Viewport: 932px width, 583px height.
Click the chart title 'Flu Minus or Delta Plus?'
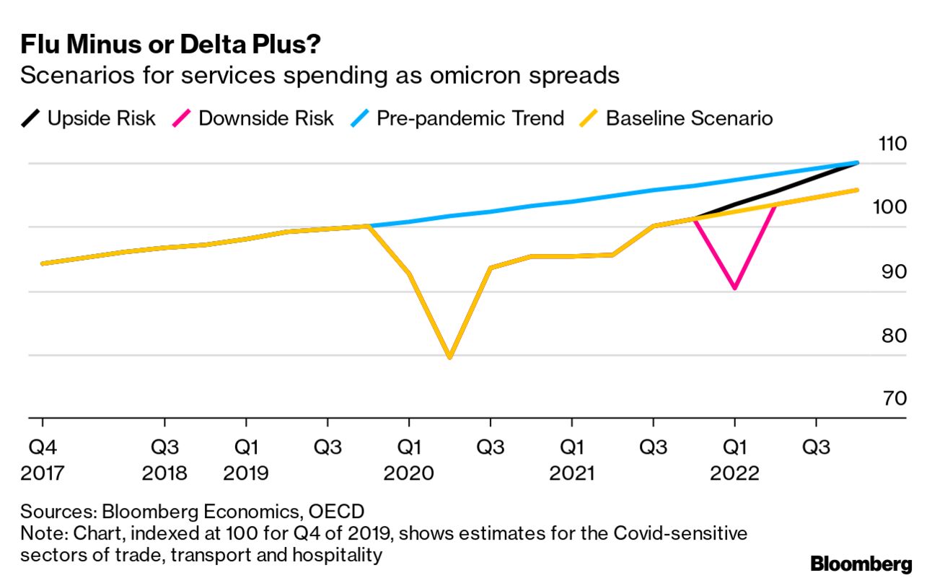click(x=170, y=45)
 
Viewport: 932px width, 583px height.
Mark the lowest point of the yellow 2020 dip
click(x=450, y=357)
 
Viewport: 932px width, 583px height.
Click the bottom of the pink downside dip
click(x=734, y=288)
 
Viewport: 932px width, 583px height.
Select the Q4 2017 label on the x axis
click(x=43, y=460)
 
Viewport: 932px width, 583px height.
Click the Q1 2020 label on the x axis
click(x=409, y=460)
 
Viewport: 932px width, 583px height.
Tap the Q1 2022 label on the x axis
click(x=734, y=460)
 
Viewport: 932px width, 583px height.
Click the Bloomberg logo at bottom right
click(x=861, y=564)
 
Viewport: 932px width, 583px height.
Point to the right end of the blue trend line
click(x=857, y=163)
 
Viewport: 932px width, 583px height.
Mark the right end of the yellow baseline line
click(x=857, y=190)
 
